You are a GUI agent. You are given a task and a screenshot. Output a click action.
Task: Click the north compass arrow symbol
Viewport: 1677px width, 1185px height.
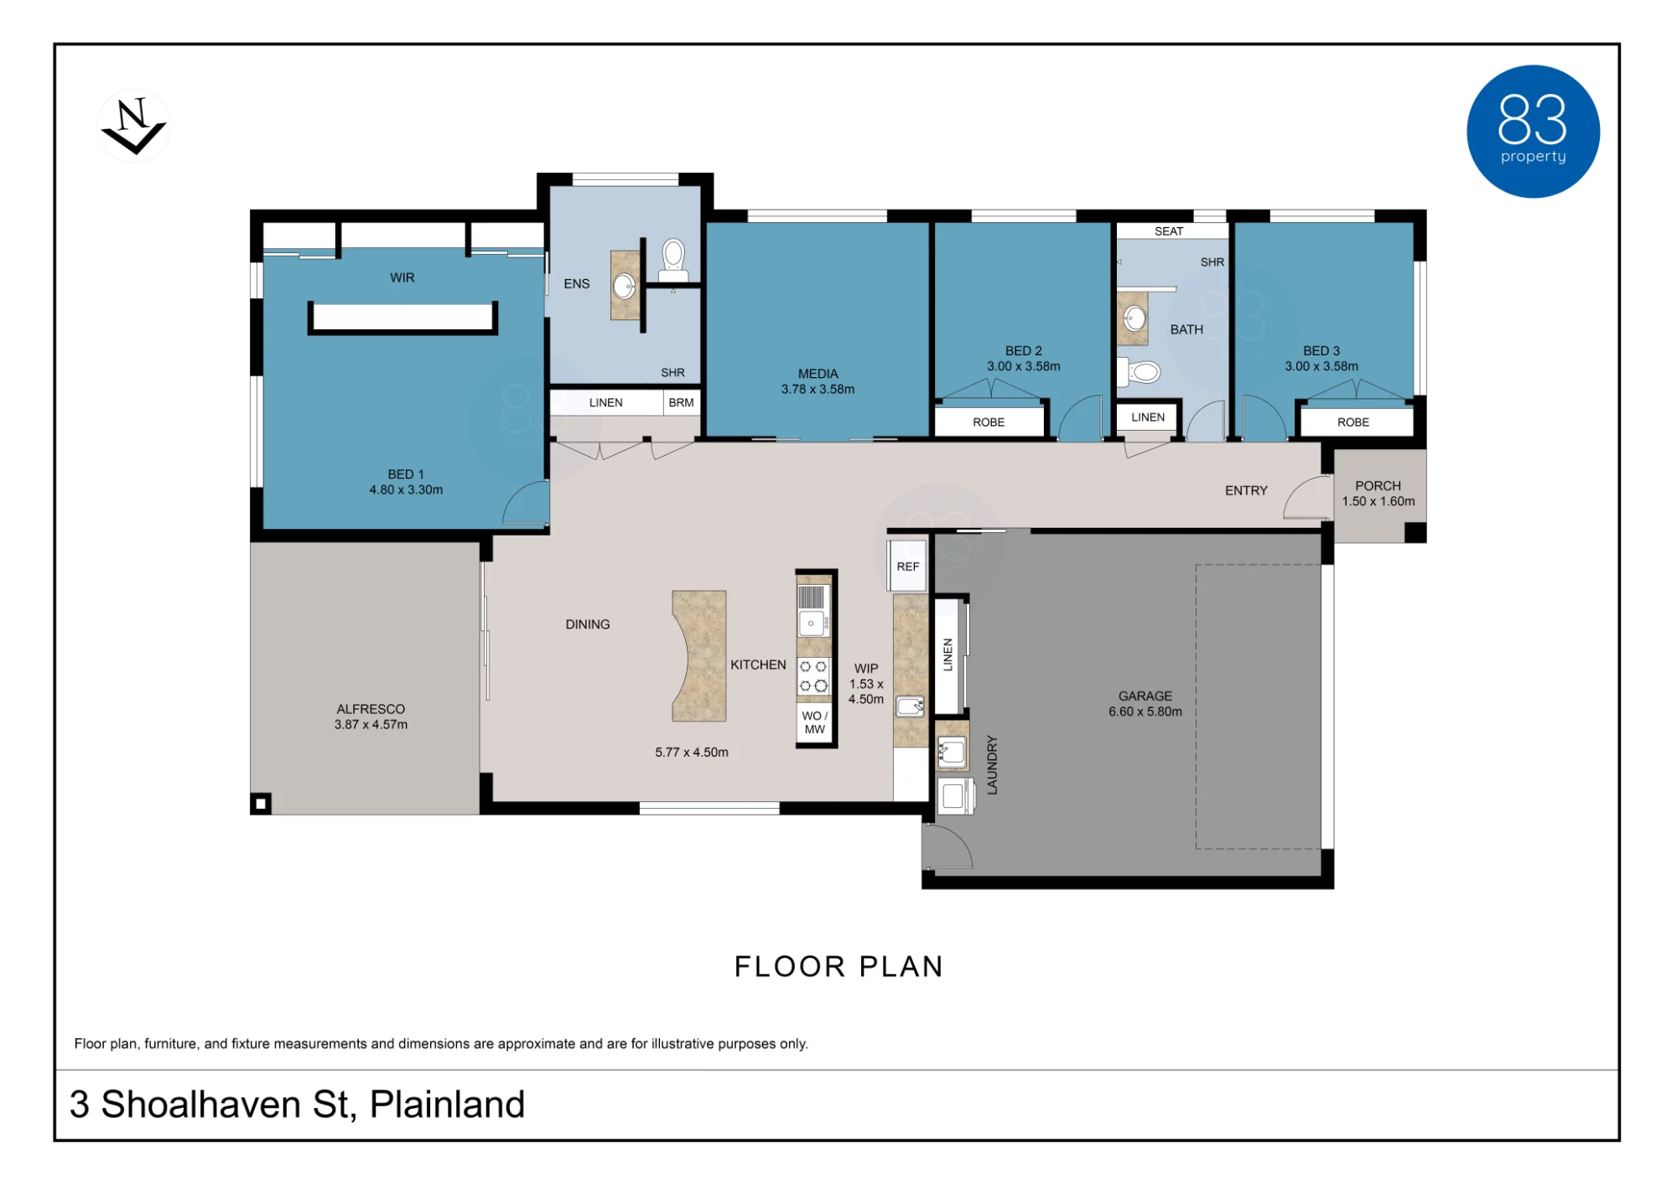[x=133, y=127]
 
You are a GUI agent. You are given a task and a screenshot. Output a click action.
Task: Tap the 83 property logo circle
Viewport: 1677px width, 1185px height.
[x=1533, y=132]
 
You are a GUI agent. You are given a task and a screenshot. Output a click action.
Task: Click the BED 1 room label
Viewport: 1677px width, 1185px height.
[x=406, y=474]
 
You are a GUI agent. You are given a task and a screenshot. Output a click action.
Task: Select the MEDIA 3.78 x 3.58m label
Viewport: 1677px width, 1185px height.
[x=818, y=381]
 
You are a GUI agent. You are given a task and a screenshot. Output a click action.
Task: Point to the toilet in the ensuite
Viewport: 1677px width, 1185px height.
[x=673, y=261]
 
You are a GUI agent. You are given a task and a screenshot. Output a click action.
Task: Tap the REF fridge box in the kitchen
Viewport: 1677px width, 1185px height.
[x=908, y=567]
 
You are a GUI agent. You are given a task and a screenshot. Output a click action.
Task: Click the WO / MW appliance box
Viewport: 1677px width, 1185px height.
[x=814, y=722]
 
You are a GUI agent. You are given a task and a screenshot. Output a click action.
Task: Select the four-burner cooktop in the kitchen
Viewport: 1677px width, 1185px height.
[x=813, y=676]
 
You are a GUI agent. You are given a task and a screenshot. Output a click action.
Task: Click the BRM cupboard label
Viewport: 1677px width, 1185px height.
[x=681, y=402]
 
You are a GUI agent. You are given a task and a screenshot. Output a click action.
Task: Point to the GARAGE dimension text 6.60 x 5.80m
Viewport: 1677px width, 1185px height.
[x=1145, y=712]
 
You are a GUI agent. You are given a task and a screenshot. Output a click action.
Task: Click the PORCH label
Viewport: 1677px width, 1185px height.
[x=1378, y=485]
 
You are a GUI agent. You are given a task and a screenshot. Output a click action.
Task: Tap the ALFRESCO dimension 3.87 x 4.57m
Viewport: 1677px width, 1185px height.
[x=371, y=724]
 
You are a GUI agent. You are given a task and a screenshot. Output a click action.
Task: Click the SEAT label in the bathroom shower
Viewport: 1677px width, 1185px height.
[x=1169, y=231]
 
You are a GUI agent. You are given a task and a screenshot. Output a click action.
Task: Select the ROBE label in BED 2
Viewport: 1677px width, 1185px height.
[x=989, y=422]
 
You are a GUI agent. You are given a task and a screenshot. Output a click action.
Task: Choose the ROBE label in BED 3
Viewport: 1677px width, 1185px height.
[x=1353, y=422]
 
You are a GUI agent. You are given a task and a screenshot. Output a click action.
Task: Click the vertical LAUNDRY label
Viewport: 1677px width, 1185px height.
[x=992, y=764]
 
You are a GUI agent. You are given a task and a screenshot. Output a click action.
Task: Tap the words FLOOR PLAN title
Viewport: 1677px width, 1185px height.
[x=838, y=966]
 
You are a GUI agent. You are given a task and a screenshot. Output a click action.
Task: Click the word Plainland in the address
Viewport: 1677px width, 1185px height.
[x=447, y=1105]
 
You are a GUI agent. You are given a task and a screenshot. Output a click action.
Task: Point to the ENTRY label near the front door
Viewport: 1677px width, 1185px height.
[x=1246, y=490]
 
